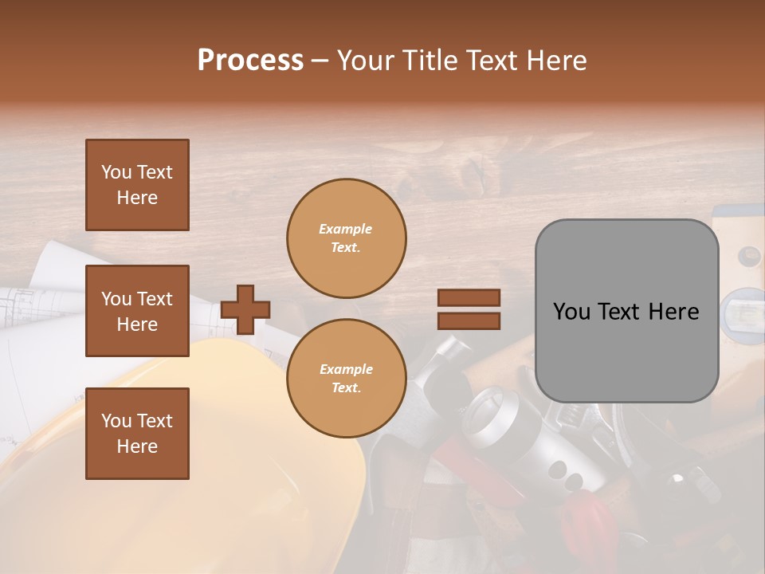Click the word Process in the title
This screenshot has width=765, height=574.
(250, 61)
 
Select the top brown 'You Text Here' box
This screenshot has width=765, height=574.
(137, 185)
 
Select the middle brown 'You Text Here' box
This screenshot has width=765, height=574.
(137, 311)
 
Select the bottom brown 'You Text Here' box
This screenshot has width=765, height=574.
(137, 434)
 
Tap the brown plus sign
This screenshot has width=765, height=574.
(245, 309)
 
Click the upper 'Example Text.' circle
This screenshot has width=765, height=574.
(346, 238)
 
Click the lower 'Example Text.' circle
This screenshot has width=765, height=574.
(346, 378)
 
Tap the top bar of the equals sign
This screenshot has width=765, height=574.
(469, 298)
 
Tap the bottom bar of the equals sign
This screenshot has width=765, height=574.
(469, 320)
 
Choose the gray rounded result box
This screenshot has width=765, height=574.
(626, 311)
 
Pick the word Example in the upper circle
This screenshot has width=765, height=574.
(346, 229)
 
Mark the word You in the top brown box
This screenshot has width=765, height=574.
(116, 172)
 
